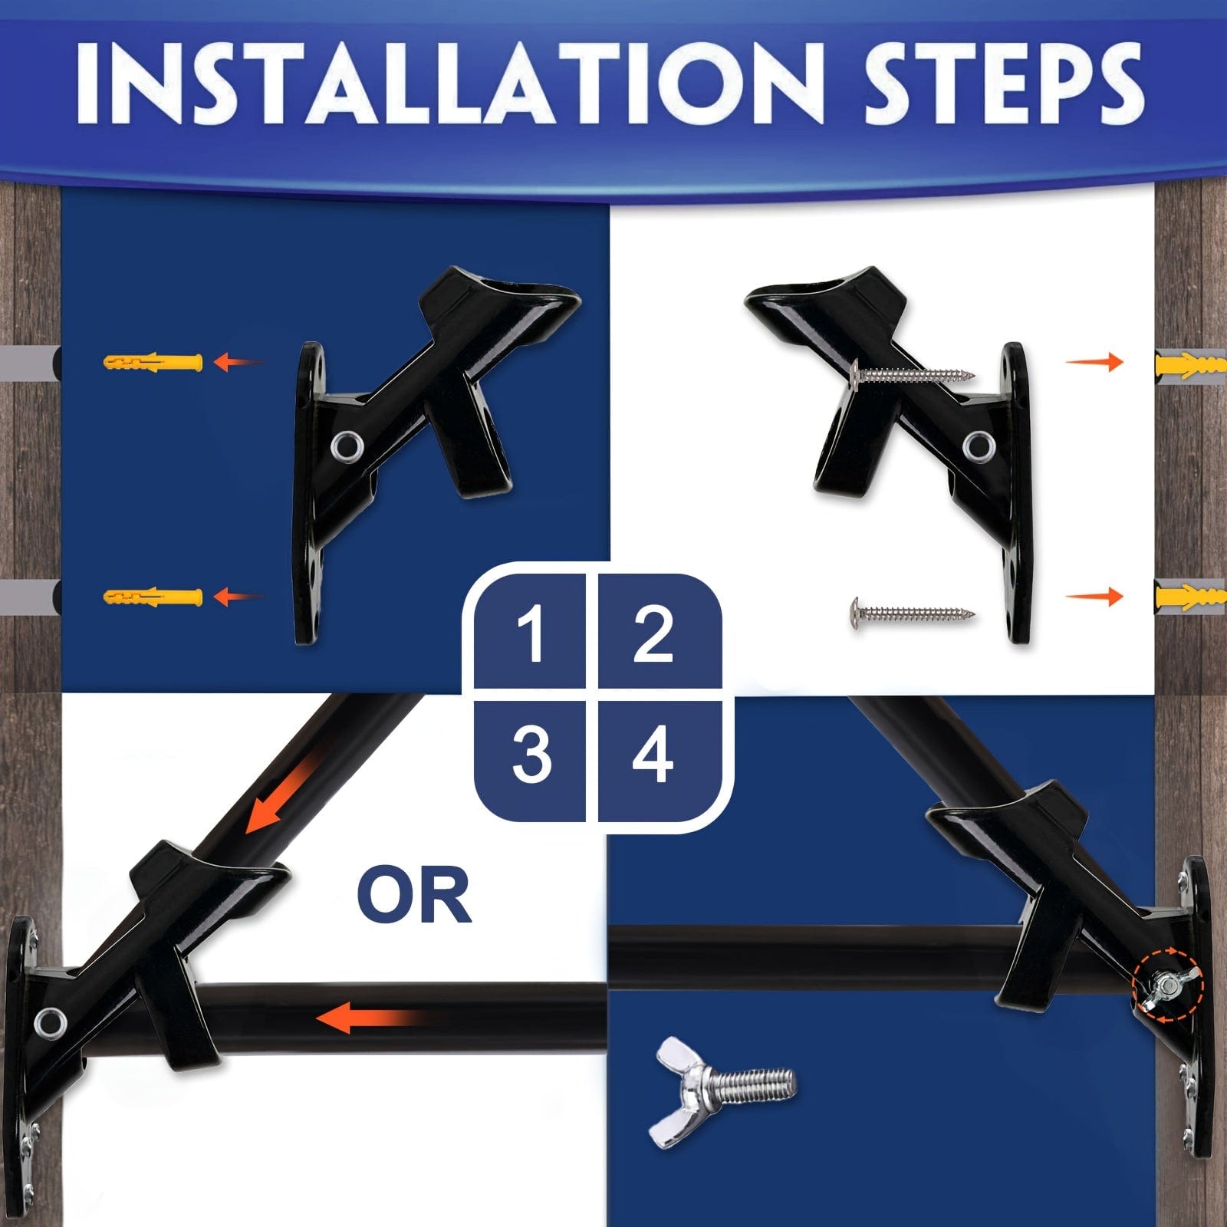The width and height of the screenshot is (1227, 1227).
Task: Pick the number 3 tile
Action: coord(530,755)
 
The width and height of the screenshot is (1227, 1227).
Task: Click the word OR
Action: coord(415,895)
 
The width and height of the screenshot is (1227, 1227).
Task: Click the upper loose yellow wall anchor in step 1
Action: coord(153,361)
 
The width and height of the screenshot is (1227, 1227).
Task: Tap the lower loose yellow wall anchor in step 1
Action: coord(153,596)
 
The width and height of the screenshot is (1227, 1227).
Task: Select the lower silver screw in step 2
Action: coord(913,613)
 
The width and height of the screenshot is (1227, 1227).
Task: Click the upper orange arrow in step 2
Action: coord(1095,360)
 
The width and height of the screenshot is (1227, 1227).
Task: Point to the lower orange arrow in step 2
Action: coord(1095,596)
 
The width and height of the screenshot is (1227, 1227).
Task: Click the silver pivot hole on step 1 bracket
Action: coord(347,446)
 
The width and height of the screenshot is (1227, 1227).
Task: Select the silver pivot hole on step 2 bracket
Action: coord(979,446)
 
